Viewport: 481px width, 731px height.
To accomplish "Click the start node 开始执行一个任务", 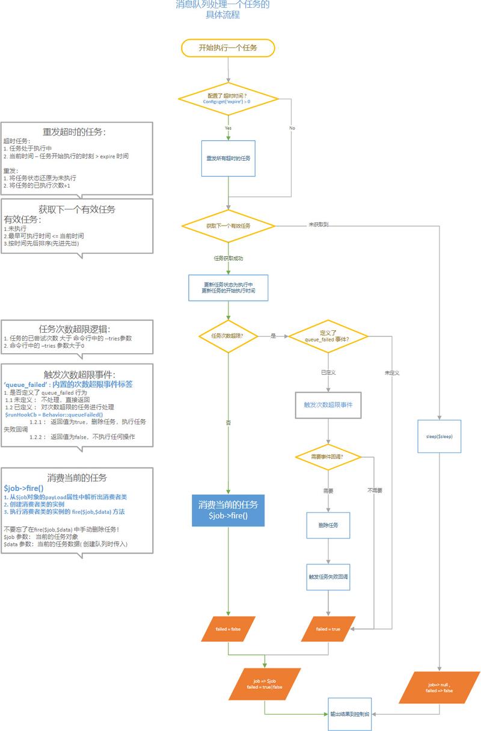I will (x=228, y=48).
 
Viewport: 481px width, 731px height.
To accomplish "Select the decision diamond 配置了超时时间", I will (x=228, y=99).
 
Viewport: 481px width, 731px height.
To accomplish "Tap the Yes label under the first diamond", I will (x=228, y=128).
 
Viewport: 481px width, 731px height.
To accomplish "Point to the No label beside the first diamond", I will (x=292, y=128).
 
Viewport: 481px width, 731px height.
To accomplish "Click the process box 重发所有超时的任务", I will (x=228, y=158).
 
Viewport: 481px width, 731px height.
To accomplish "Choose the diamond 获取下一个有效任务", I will (x=228, y=226).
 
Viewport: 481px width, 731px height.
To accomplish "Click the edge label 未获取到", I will (x=318, y=224).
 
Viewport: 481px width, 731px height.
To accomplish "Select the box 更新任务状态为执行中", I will (x=228, y=288).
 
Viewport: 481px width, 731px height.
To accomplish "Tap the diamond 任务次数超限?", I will (x=228, y=336).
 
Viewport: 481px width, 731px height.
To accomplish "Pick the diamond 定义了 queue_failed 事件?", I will (x=328, y=336).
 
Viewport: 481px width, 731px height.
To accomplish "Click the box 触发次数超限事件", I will (x=328, y=405).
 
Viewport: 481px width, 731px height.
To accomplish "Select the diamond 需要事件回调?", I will (x=328, y=457).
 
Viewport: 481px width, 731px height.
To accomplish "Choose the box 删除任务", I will (x=328, y=525).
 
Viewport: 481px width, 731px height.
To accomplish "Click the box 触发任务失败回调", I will (x=328, y=576).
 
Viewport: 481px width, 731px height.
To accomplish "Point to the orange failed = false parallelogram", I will (x=228, y=629).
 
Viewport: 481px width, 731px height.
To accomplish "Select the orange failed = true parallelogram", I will (x=328, y=629).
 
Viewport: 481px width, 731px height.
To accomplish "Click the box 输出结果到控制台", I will (x=349, y=714).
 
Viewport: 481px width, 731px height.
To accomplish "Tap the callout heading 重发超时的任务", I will (x=75, y=132).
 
